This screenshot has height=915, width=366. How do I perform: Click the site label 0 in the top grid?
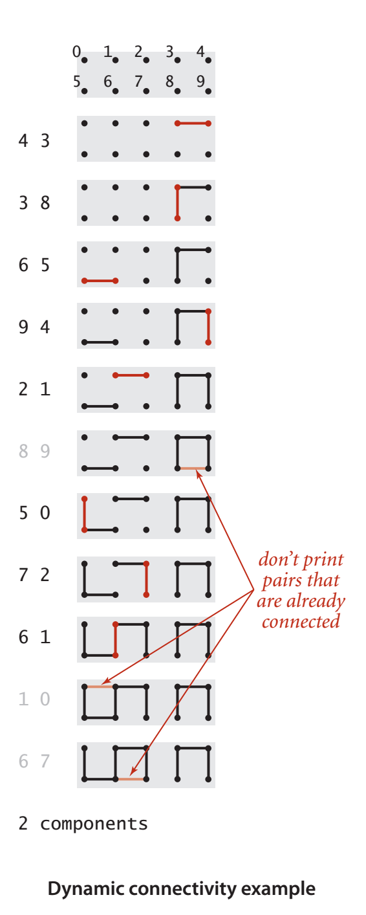pyautogui.click(x=76, y=52)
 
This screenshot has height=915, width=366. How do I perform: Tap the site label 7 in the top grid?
pyautogui.click(x=138, y=82)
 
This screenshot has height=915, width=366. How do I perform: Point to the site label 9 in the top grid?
pyautogui.click(x=200, y=82)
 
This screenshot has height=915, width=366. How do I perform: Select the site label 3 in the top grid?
pyautogui.click(x=169, y=52)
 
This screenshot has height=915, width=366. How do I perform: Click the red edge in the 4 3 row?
pyautogui.click(x=193, y=124)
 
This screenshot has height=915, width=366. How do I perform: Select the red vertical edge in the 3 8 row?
pyautogui.click(x=177, y=203)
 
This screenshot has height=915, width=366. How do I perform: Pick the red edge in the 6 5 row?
pyautogui.click(x=100, y=281)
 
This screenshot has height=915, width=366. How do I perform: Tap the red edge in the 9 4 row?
pyautogui.click(x=208, y=327)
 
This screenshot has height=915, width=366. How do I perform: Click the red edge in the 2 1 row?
pyautogui.click(x=131, y=375)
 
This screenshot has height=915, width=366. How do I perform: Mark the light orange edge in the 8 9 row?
pyautogui.click(x=193, y=468)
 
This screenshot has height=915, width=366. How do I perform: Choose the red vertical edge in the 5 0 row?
pyautogui.click(x=85, y=514)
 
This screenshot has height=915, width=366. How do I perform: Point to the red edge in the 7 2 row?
pyautogui.click(x=146, y=579)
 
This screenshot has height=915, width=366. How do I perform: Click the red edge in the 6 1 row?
pyautogui.click(x=116, y=640)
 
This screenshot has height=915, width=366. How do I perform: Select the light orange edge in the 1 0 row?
pyautogui.click(x=100, y=687)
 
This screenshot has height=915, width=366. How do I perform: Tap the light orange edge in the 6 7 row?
pyautogui.click(x=131, y=779)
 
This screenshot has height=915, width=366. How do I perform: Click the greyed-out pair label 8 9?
pyautogui.click(x=34, y=451)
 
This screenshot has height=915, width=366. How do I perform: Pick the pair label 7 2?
pyautogui.click(x=34, y=575)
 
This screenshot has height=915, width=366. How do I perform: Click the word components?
pyautogui.click(x=94, y=824)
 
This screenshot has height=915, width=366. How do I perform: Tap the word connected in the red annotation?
pyautogui.click(x=301, y=621)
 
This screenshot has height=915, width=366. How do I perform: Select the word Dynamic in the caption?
pyautogui.click(x=78, y=889)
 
